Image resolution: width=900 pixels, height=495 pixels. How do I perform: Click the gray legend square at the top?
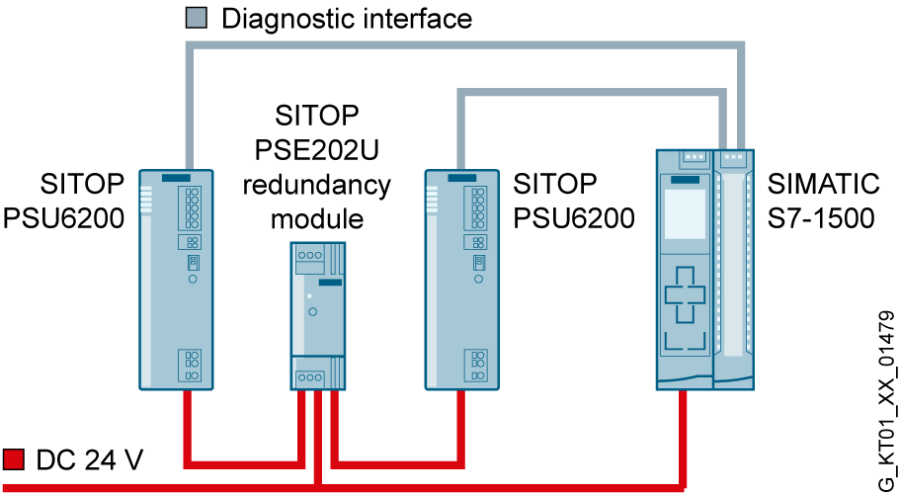click(x=196, y=17)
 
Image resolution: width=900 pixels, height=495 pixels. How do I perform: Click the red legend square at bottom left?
click(x=13, y=458)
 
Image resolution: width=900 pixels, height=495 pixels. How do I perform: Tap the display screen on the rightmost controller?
click(x=685, y=213)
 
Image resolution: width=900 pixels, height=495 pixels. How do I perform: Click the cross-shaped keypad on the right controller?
click(x=685, y=294)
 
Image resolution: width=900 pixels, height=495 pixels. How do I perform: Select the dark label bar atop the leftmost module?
click(x=176, y=178)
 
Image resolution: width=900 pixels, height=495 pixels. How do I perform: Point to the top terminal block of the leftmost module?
click(x=193, y=207)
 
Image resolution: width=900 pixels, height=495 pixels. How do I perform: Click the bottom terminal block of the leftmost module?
click(x=193, y=365)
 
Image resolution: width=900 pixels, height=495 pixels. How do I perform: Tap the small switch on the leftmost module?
click(x=193, y=262)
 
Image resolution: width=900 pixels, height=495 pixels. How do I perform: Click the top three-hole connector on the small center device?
click(x=310, y=255)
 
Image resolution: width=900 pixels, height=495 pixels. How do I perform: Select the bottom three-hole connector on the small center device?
click(x=310, y=377)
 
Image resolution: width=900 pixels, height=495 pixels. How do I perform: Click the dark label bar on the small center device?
click(x=330, y=283)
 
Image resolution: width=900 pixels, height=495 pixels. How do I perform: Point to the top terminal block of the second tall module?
click(x=476, y=207)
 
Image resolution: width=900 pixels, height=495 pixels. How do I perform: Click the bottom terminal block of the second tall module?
click(x=476, y=365)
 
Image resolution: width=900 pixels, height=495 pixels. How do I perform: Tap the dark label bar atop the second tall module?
click(x=461, y=178)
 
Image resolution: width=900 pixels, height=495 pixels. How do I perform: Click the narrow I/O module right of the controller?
click(x=733, y=267)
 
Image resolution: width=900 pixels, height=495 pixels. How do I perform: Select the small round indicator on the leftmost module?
click(x=193, y=279)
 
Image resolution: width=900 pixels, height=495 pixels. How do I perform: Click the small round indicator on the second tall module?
click(x=478, y=279)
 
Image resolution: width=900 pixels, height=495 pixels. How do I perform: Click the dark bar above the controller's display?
click(x=685, y=180)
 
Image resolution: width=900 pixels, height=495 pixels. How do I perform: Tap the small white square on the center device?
click(x=308, y=296)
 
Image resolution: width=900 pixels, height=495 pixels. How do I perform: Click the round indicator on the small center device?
click(x=313, y=311)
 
